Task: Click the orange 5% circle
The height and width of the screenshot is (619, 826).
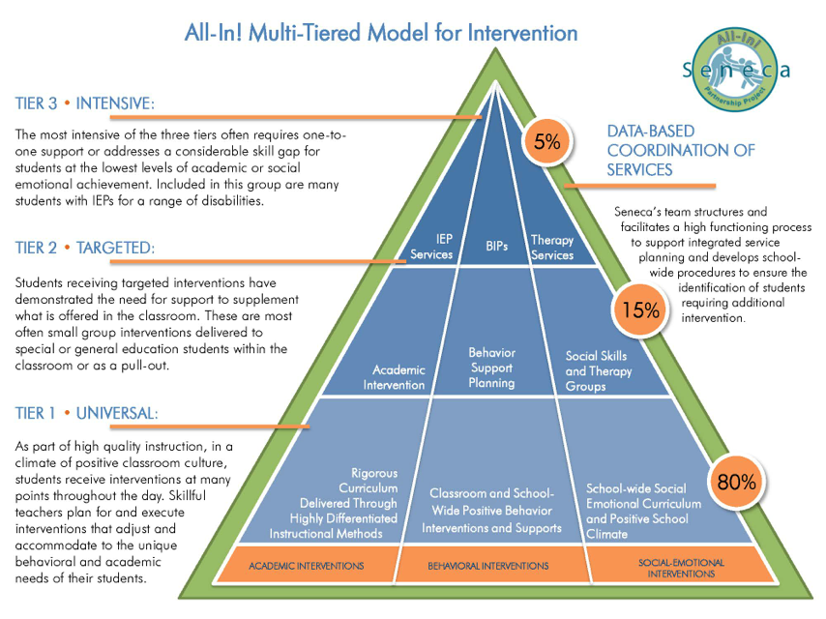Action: pos(546,142)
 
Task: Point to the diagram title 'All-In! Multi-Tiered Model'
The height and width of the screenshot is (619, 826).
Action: pos(381,33)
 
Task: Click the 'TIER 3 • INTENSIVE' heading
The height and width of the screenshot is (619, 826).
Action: pos(85,103)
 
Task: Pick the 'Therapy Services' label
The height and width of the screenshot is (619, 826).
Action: pos(552,248)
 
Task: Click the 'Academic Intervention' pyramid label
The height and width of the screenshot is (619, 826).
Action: pos(398,377)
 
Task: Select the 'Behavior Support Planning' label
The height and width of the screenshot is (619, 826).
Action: pos(491,368)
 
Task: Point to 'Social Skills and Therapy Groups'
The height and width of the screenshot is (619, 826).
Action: pos(599,370)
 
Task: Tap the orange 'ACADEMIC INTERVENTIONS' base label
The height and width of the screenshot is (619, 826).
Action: pos(306,565)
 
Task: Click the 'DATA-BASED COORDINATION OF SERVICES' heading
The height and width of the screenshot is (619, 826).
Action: pos(681,150)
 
